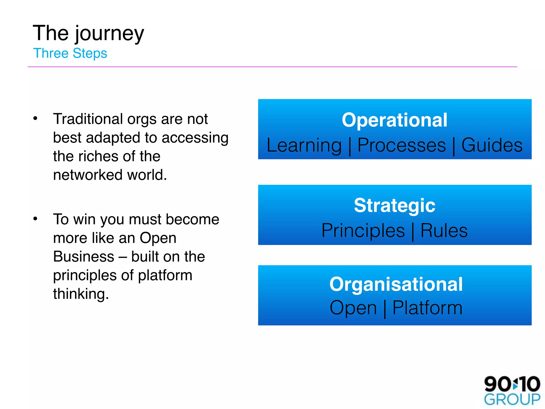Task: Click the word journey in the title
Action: point(109,34)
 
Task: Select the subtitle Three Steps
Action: point(70,53)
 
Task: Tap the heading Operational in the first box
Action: point(394,120)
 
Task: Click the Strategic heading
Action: point(394,205)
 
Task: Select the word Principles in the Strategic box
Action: point(363,231)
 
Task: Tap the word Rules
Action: point(444,231)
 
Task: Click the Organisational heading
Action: point(396,284)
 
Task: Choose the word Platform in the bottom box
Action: point(427,308)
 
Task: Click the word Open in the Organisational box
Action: point(353,308)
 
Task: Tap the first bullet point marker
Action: point(35,118)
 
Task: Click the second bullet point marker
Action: point(35,219)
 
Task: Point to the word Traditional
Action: point(88,119)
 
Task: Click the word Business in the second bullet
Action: point(84,257)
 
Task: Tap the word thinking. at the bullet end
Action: point(81,294)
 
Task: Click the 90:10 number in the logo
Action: point(512,384)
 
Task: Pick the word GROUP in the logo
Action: point(512,400)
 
